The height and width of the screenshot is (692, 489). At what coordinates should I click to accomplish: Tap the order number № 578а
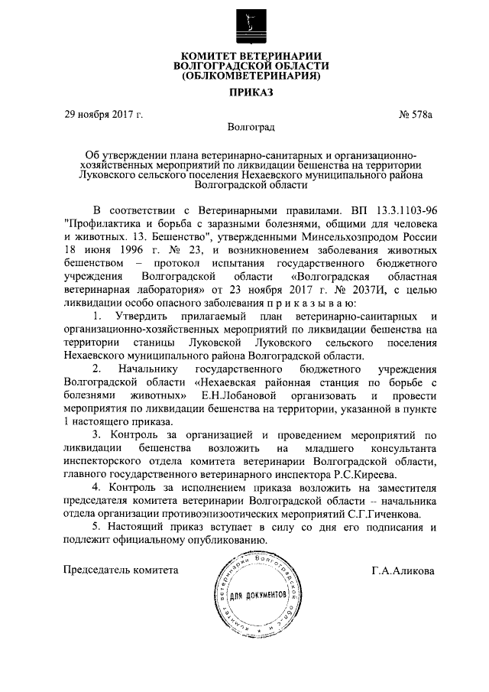[416, 115]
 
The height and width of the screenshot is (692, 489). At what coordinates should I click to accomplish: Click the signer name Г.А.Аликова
[403, 570]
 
